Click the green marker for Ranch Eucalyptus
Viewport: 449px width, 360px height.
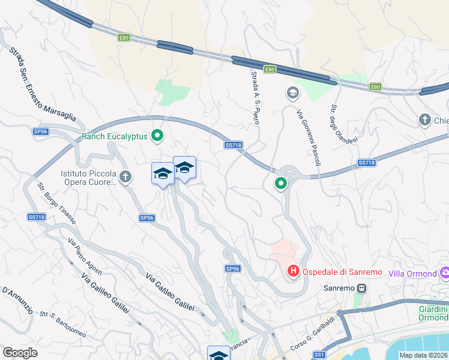coord(157,136)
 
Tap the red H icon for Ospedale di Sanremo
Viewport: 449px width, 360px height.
coord(294,272)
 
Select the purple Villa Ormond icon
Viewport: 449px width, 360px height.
coord(445,273)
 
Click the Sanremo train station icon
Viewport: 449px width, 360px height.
coord(361,288)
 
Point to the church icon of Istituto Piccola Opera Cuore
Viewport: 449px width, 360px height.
coord(125,176)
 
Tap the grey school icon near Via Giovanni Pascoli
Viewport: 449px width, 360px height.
coord(292,92)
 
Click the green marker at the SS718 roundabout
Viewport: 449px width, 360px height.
coord(280,184)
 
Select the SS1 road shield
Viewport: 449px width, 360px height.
coord(319,355)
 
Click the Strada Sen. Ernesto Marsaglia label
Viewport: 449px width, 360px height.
coord(42,84)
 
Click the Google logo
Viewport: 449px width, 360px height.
coord(20,353)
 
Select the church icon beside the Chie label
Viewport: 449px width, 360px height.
coord(426,120)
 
